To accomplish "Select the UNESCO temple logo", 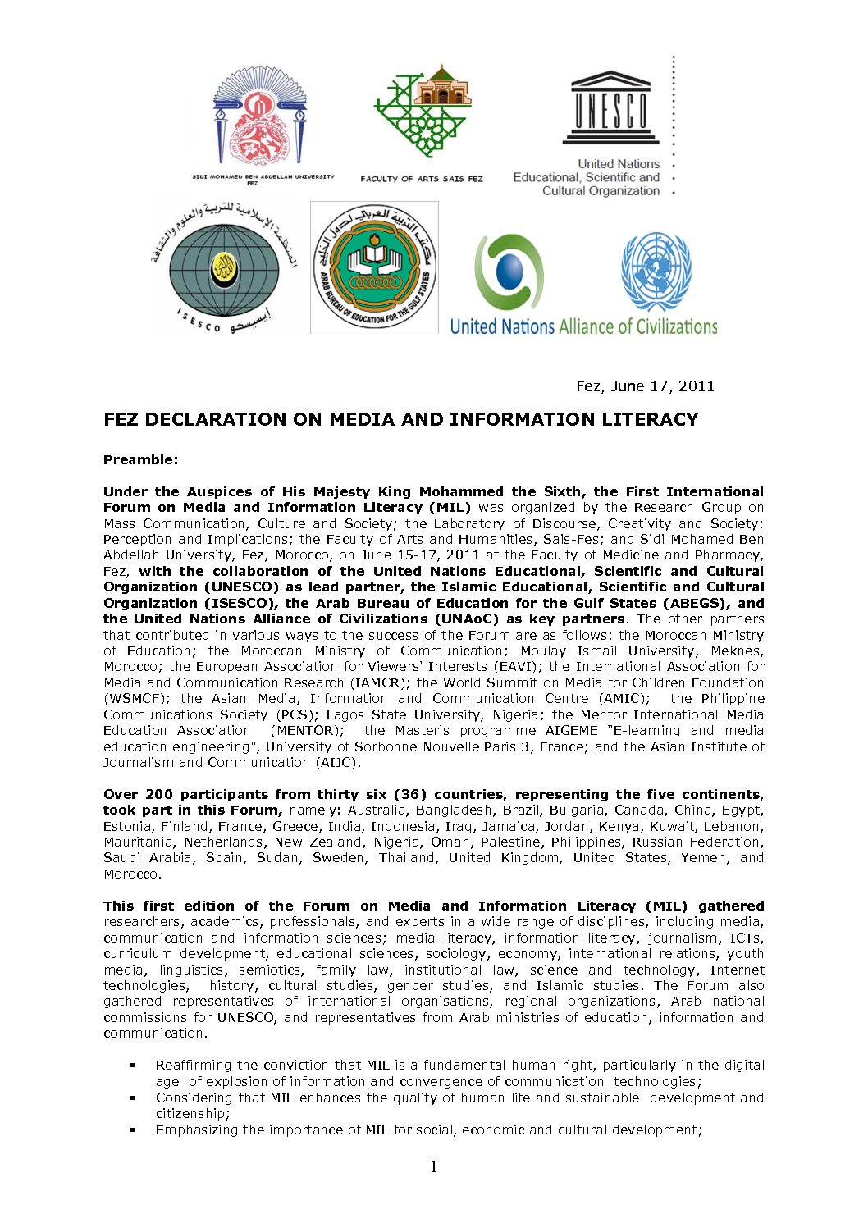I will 610,107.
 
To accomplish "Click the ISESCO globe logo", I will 224,267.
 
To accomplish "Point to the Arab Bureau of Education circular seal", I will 374,267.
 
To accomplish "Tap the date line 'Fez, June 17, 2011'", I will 645,386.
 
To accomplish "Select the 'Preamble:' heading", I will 140,459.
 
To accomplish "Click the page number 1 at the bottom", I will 434,1166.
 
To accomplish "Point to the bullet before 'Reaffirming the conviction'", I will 132,1066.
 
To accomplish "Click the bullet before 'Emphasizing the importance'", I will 132,1130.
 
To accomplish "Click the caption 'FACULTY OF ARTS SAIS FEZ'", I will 422,178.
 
